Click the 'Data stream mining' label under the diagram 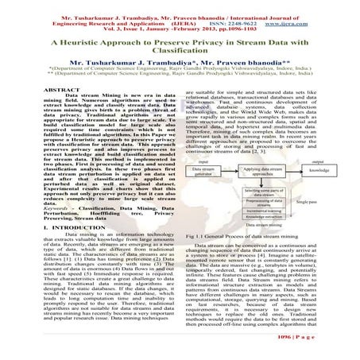coord(261,226)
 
